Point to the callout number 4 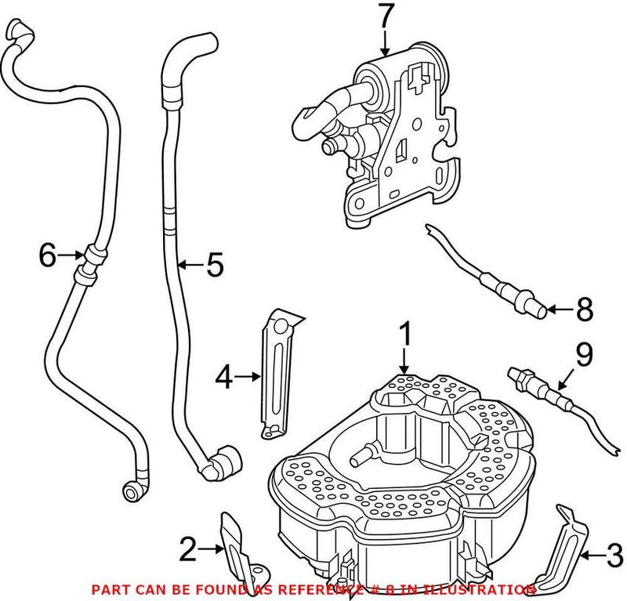(x=224, y=378)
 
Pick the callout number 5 (x=214, y=266)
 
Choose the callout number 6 (x=49, y=254)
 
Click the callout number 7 (x=386, y=15)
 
